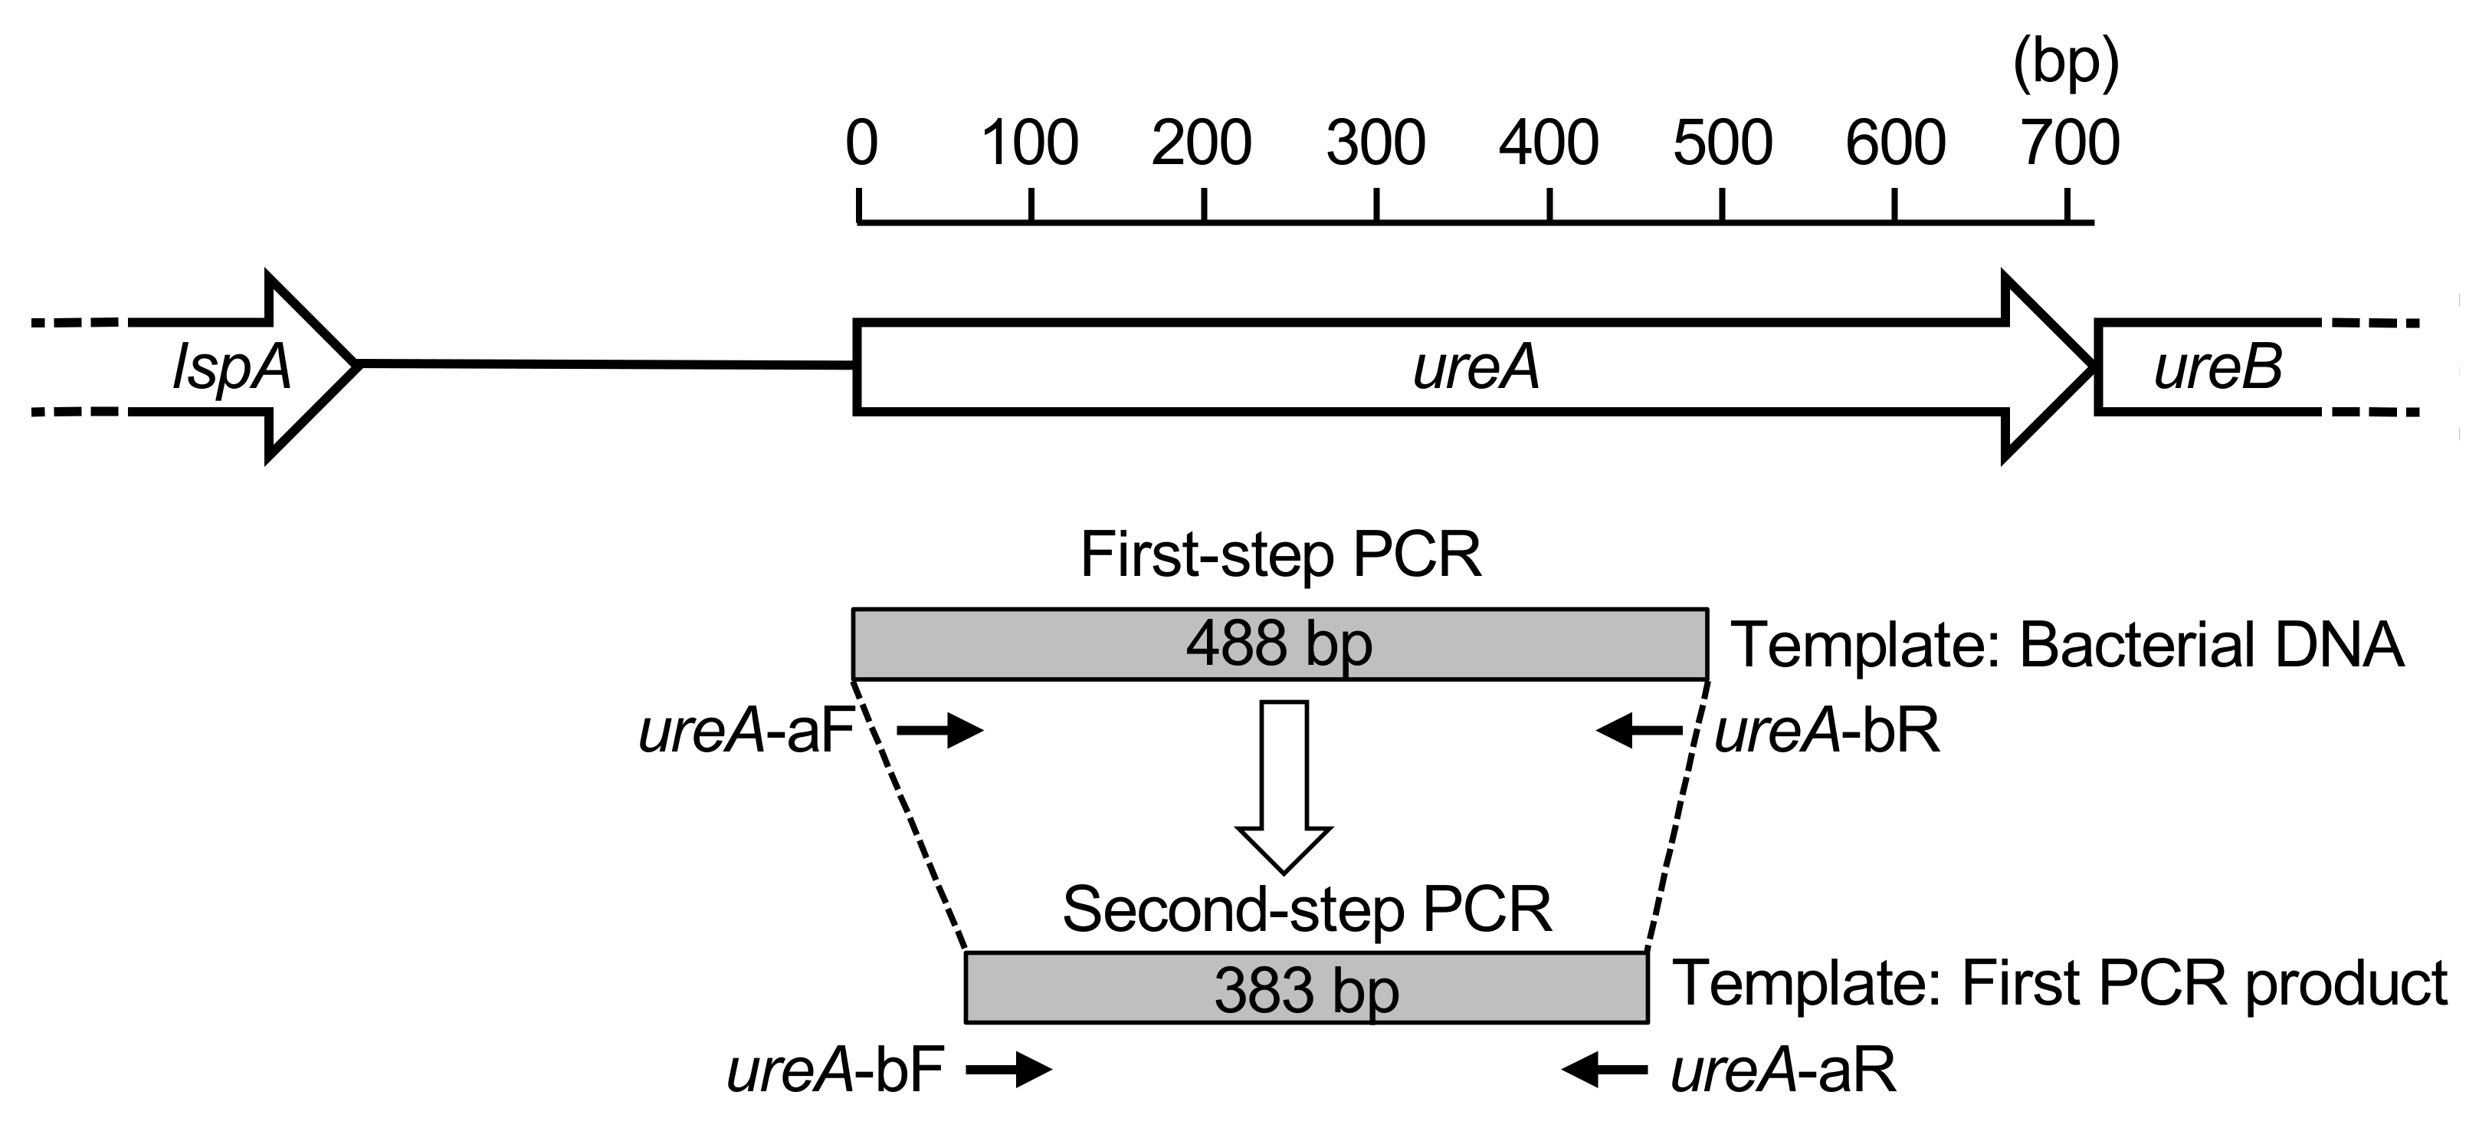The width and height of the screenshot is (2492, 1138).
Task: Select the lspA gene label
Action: (231, 368)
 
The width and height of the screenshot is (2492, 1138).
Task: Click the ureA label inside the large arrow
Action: (1475, 368)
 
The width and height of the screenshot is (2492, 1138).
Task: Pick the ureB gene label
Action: (2217, 368)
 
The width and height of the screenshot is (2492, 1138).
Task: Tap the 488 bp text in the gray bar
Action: (1279, 643)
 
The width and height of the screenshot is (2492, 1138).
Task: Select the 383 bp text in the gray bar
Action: (1306, 990)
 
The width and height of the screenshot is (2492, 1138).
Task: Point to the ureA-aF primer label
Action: (746, 732)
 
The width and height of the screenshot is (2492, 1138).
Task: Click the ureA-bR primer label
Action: (1826, 732)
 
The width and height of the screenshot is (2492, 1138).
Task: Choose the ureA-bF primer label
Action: (834, 1071)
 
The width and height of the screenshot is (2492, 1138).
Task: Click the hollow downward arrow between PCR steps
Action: (1284, 784)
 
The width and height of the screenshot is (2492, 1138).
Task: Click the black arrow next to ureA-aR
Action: (1604, 1069)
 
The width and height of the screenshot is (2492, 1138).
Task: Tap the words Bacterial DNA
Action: (2211, 646)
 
